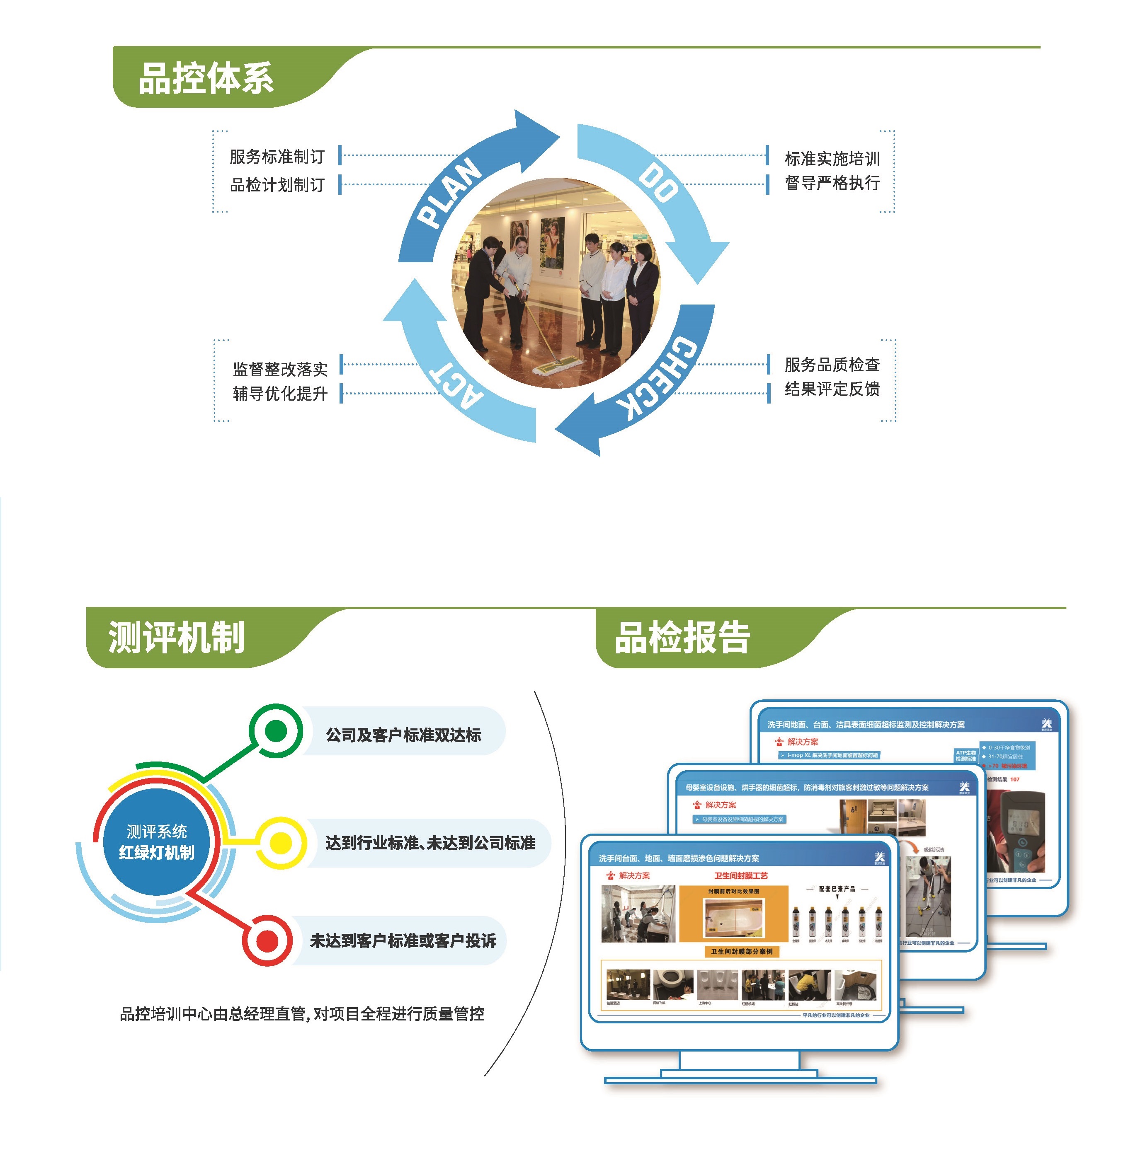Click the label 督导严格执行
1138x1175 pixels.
point(832,183)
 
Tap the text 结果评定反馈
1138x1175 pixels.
point(832,389)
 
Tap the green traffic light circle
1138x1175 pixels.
point(275,731)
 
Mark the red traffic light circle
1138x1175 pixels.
point(267,940)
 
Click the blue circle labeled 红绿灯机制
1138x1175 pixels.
point(157,842)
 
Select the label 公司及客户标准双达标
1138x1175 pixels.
point(403,735)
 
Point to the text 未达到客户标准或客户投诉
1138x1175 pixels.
point(403,940)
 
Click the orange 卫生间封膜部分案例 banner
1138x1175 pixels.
point(742,951)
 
